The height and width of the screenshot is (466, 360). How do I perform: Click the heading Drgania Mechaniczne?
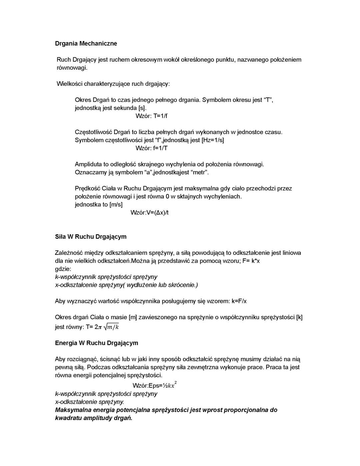point(86,43)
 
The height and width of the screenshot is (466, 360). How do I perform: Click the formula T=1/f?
point(160,116)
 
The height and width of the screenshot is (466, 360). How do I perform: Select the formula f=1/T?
point(160,148)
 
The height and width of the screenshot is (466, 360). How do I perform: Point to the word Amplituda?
point(88,164)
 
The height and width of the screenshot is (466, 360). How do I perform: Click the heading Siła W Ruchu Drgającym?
point(91,237)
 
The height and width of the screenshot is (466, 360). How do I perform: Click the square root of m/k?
point(111,327)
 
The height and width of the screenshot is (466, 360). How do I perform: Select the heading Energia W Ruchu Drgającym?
point(96,343)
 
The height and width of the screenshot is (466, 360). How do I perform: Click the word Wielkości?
point(69,84)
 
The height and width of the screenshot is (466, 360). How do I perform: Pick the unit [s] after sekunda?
point(142,108)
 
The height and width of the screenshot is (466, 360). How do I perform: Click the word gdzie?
point(63,269)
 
